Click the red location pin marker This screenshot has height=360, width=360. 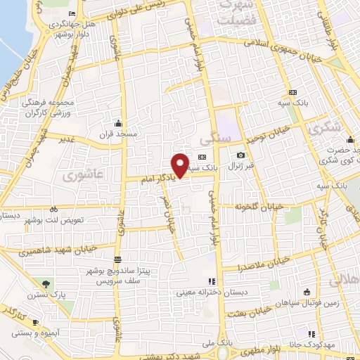coord(180,165)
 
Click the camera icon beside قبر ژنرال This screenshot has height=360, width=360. coord(241,155)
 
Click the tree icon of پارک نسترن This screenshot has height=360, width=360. coord(46,284)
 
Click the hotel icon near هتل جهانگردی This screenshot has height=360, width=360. coord(74,15)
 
